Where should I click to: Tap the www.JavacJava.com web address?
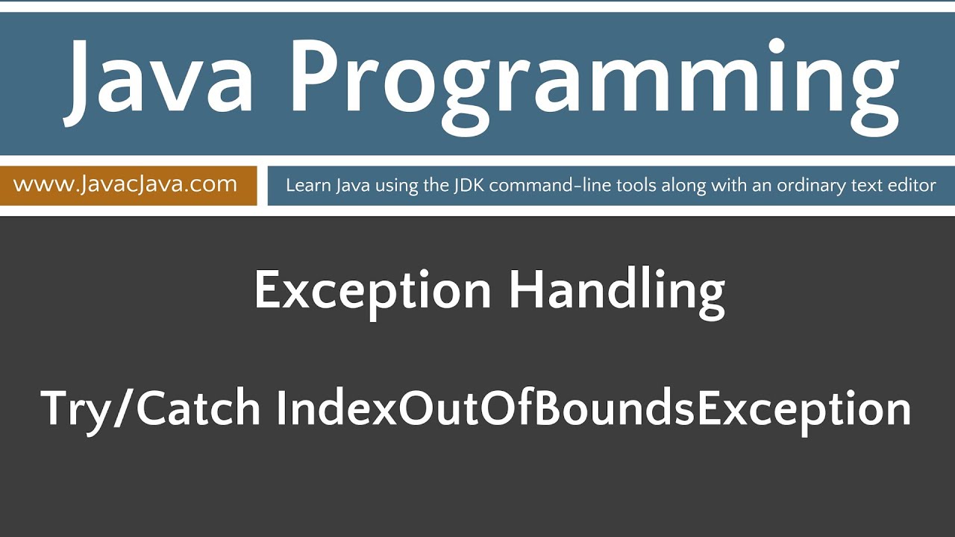pyautogui.click(x=125, y=184)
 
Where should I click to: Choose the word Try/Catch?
pyautogui.click(x=151, y=409)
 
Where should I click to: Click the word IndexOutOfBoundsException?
pyautogui.click(x=594, y=409)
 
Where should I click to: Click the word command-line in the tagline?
pyautogui.click(x=532, y=185)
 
